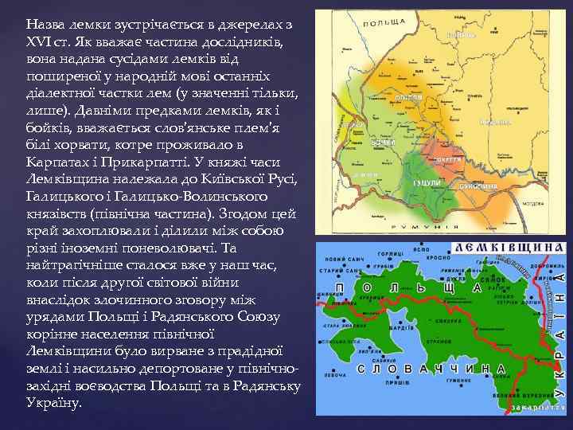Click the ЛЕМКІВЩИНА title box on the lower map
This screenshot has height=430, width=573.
pos(510,248)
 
